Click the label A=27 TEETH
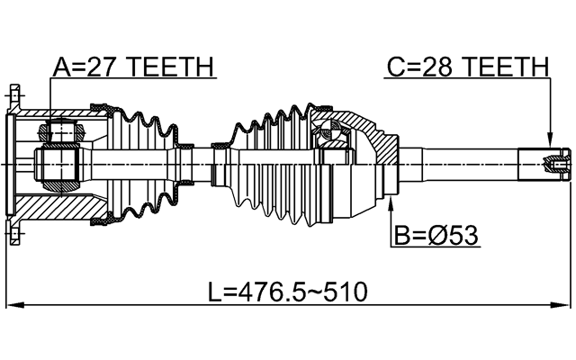pyautogui.click(x=132, y=67)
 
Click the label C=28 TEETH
pyautogui.click(x=467, y=67)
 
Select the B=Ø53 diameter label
pyautogui.click(x=436, y=236)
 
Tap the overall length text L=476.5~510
pyautogui.click(x=288, y=292)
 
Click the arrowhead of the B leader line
pyautogui.click(x=390, y=205)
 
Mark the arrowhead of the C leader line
pyautogui.click(x=548, y=144)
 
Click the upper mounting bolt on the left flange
pyautogui.click(x=16, y=93)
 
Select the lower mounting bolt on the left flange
pyautogui.click(x=16, y=237)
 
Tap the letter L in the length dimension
pyautogui.click(x=214, y=292)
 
